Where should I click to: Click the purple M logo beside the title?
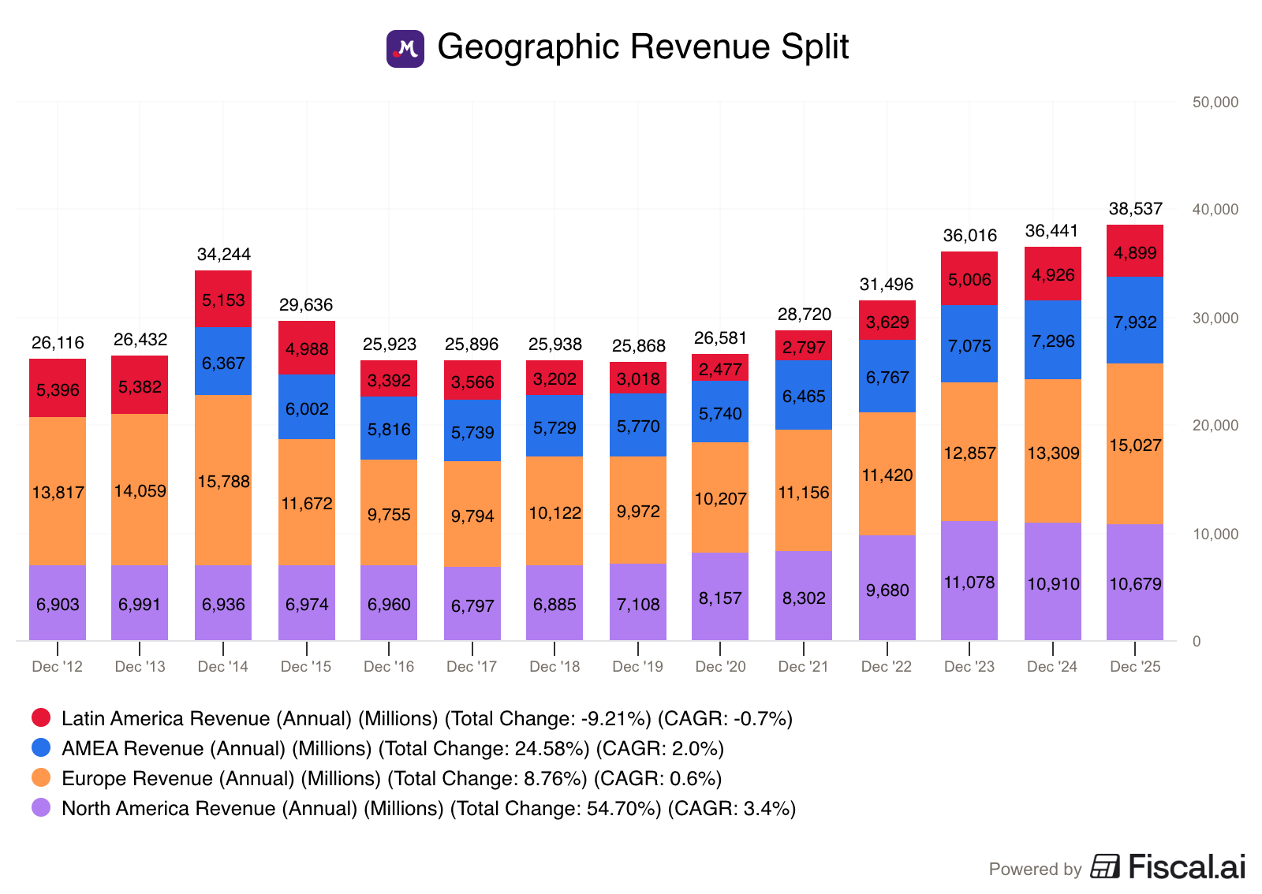405,49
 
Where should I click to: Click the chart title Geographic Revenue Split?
642,47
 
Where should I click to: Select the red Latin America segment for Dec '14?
223,300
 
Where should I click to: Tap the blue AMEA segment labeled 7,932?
1134,321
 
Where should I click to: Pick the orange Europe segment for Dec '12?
58,492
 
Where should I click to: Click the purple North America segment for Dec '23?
969,582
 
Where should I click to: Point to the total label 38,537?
1135,209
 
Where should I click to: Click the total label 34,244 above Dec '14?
223,255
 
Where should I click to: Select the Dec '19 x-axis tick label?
637,667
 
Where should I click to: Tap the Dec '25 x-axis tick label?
1134,667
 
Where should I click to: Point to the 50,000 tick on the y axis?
1215,102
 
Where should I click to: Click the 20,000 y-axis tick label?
1215,426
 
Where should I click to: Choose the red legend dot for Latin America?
41,717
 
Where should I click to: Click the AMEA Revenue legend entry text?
392,748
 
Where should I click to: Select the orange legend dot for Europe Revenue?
41,778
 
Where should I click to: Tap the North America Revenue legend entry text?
428,808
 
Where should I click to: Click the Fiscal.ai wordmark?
1186,867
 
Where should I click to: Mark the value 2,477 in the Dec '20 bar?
720,370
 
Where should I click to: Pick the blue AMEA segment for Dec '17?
472,431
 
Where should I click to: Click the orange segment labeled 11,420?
887,475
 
